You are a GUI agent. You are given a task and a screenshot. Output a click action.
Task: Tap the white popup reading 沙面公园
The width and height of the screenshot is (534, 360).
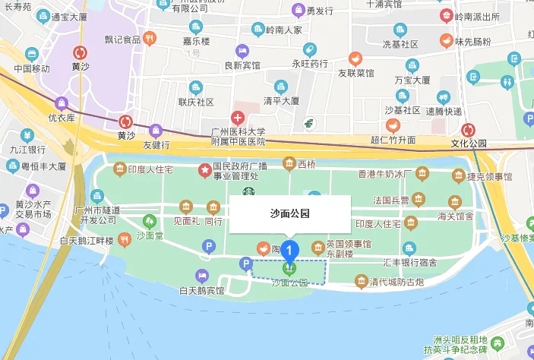[289, 214]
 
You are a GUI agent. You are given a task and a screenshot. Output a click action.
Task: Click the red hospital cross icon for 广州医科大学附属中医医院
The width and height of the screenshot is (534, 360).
[238, 118]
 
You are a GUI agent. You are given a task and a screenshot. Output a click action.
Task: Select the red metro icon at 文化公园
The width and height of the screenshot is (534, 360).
[469, 130]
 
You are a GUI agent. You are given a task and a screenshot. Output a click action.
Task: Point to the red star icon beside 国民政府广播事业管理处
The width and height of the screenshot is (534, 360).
[204, 170]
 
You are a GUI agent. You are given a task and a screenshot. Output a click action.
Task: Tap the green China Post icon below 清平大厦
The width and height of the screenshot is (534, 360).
[309, 123]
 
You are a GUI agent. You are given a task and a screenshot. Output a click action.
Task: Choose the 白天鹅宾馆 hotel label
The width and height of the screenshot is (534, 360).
[201, 290]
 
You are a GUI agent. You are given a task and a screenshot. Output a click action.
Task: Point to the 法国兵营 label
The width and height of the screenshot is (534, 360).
[391, 201]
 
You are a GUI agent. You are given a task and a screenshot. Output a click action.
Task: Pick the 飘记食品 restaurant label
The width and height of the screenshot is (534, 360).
[122, 39]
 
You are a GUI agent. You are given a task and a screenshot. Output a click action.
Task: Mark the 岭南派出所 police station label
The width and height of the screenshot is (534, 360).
[476, 16]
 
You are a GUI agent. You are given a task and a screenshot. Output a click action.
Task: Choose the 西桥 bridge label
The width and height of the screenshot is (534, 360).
[306, 163]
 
